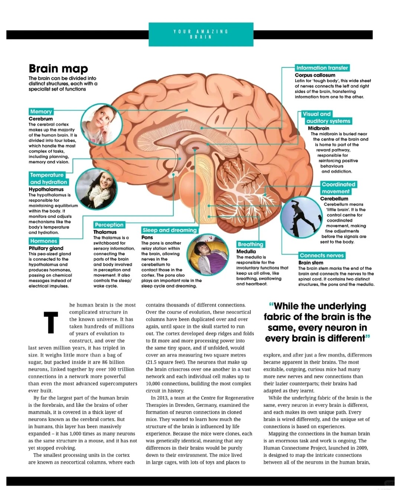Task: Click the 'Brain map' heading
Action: [x=58, y=69]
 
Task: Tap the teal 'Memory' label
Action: [x=41, y=112]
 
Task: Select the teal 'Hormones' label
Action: [x=44, y=241]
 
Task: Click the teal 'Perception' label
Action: [x=109, y=225]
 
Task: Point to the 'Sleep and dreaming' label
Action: [x=169, y=230]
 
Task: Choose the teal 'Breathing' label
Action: [x=250, y=244]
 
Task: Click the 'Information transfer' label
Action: [x=322, y=68]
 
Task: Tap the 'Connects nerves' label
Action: [x=322, y=255]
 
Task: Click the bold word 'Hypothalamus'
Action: [x=46, y=189]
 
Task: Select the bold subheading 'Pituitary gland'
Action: [x=46, y=248]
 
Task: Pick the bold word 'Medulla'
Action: [x=246, y=251]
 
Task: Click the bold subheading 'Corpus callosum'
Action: [x=315, y=75]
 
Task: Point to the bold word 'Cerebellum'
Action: [x=334, y=199]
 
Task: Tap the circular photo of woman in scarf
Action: [x=96, y=188]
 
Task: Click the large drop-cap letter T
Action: [x=51, y=323]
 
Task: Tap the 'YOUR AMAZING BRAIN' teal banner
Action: [x=201, y=34]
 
